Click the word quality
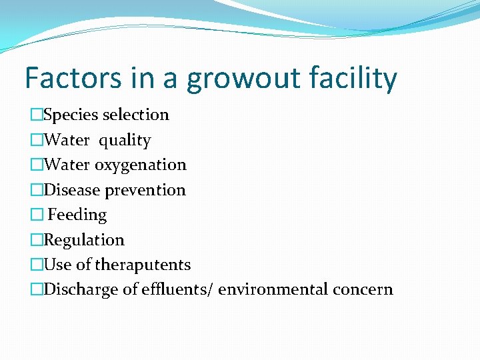pyautogui.click(x=126, y=141)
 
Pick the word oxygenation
pyautogui.click(x=141, y=165)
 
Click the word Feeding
pyautogui.click(x=77, y=215)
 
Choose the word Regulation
pyautogui.click(x=84, y=240)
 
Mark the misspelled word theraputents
pyautogui.click(x=143, y=265)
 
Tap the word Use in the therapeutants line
pyautogui.click(x=57, y=265)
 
